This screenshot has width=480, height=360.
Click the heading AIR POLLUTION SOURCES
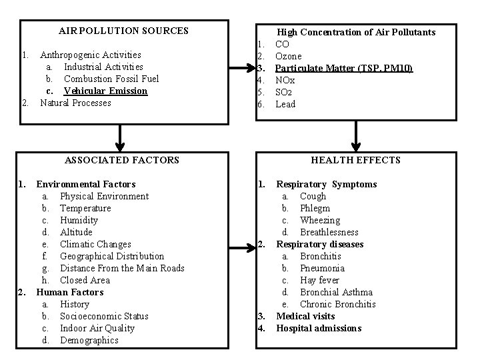point(123,31)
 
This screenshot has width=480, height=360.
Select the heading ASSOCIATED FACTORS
point(122,160)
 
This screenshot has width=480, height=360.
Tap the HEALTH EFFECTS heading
point(356,160)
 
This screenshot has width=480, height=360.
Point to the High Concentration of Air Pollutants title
point(356,32)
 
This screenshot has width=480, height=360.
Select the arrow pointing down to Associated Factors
point(121,138)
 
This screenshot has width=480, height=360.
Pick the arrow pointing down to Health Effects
point(357,138)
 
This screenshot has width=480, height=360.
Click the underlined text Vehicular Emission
point(105,91)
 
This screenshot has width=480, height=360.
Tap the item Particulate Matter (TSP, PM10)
point(344,68)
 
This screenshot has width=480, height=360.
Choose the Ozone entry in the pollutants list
point(288,56)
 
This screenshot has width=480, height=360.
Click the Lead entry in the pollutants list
point(285,104)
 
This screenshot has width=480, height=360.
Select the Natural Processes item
point(75,103)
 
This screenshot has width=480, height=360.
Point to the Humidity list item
point(79,220)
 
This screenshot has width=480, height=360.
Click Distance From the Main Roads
point(122,268)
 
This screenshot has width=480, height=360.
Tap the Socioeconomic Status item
point(104,316)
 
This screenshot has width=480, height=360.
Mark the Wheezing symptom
point(320,220)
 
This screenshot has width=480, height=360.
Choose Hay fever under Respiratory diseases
point(319,280)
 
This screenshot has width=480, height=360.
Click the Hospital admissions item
point(319,328)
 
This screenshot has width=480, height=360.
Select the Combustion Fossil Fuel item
point(111,79)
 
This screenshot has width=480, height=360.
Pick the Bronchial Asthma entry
point(336,292)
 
